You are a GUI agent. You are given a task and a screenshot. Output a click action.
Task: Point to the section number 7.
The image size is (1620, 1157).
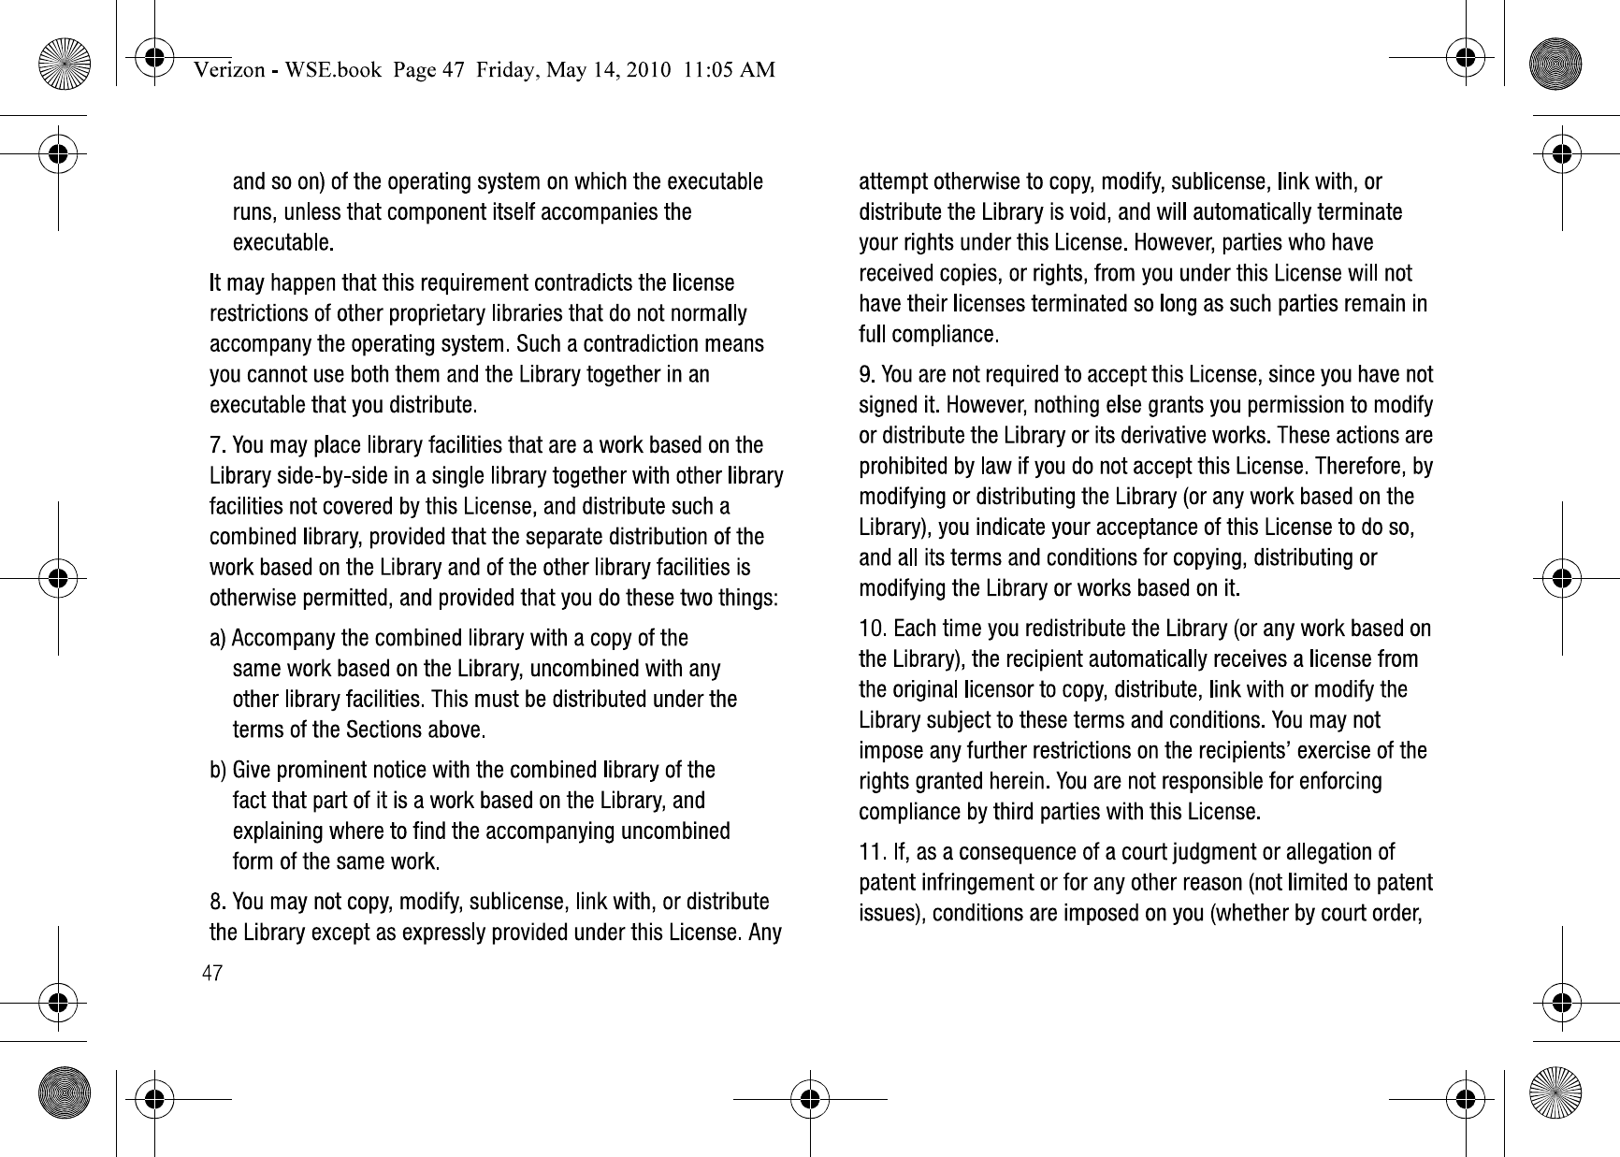[x=215, y=444]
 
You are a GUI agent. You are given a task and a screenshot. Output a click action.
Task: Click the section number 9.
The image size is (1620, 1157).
[x=865, y=375]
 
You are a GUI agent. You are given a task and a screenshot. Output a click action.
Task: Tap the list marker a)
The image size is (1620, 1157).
[x=217, y=639]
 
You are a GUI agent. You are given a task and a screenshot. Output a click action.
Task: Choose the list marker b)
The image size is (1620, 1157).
[x=217, y=771]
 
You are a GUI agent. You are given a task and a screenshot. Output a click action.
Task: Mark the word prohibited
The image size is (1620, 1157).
[x=904, y=466]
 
